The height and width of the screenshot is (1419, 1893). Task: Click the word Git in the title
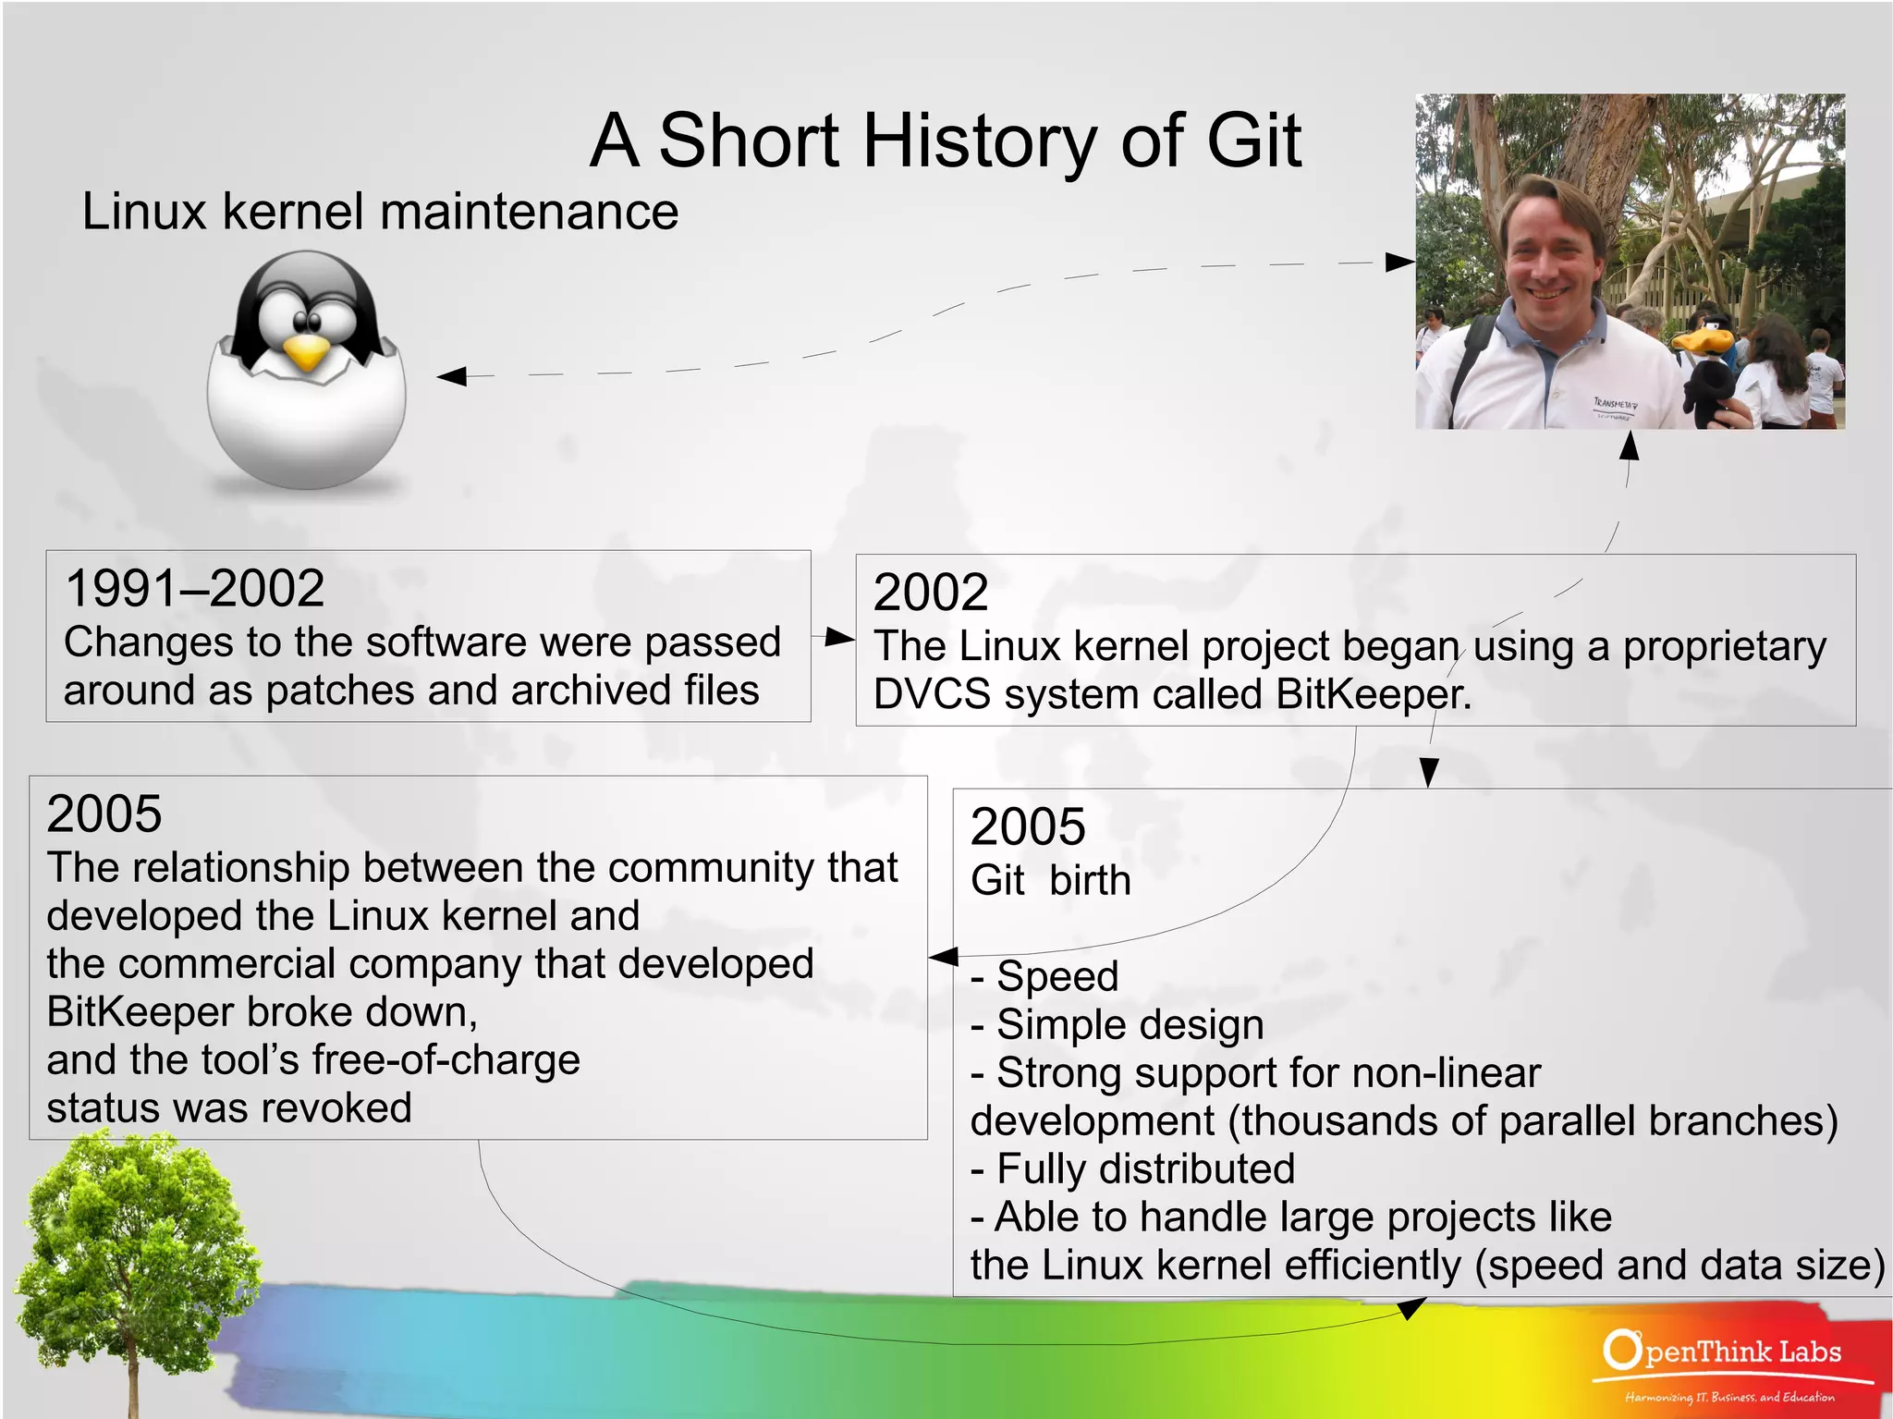(1254, 141)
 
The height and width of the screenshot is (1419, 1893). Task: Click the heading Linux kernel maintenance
(380, 211)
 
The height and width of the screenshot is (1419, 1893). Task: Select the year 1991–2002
(195, 589)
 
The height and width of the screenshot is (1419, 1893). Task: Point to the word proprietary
(1724, 646)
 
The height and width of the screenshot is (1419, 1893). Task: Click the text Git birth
(1050, 880)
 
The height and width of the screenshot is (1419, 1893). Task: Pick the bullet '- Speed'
(1044, 976)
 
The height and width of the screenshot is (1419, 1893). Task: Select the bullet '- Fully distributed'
(1132, 1168)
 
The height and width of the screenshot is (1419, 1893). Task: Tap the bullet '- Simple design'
(1117, 1024)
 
